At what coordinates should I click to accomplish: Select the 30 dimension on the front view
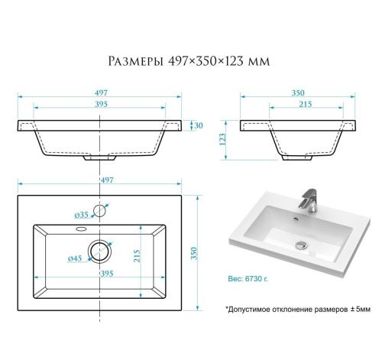[x=198, y=125]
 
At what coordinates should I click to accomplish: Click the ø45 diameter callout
[x=76, y=258]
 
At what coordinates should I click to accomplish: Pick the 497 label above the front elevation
[x=102, y=92]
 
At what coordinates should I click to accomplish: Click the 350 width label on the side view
[x=297, y=92]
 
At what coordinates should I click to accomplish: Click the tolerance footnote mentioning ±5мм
[x=297, y=310]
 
